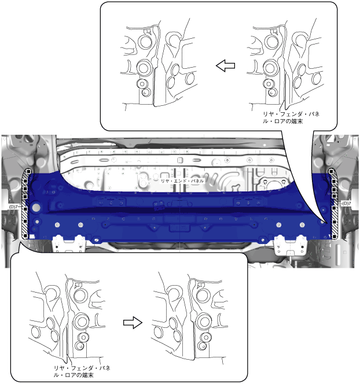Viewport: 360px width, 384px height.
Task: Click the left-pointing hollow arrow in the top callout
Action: coord(226,66)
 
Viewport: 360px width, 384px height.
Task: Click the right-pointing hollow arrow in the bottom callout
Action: coord(133,323)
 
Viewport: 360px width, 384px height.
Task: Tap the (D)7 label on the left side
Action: coord(13,206)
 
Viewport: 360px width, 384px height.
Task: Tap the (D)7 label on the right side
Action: coord(347,203)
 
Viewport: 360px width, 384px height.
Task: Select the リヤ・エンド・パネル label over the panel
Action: coord(182,181)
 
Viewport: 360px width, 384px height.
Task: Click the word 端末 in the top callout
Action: coord(297,121)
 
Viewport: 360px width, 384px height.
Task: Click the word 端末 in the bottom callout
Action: coord(88,375)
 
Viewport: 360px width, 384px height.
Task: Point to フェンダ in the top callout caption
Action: coord(291,114)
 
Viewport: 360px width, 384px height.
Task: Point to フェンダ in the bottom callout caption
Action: coord(82,368)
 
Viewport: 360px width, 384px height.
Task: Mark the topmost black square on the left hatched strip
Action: coord(29,171)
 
